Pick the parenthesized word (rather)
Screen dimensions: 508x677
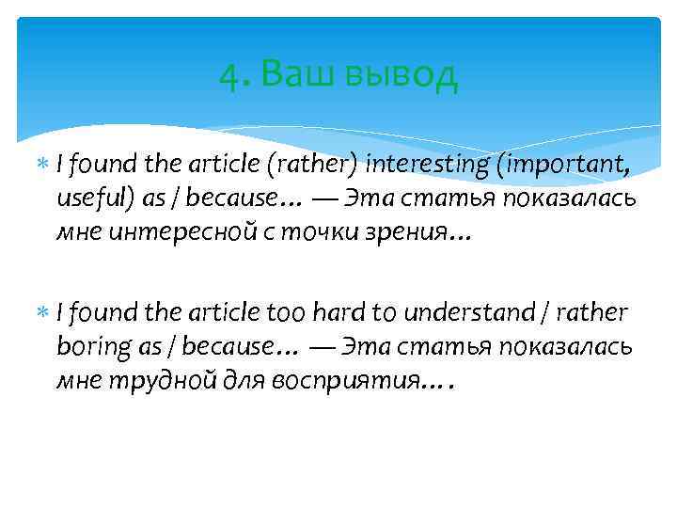tap(317, 166)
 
